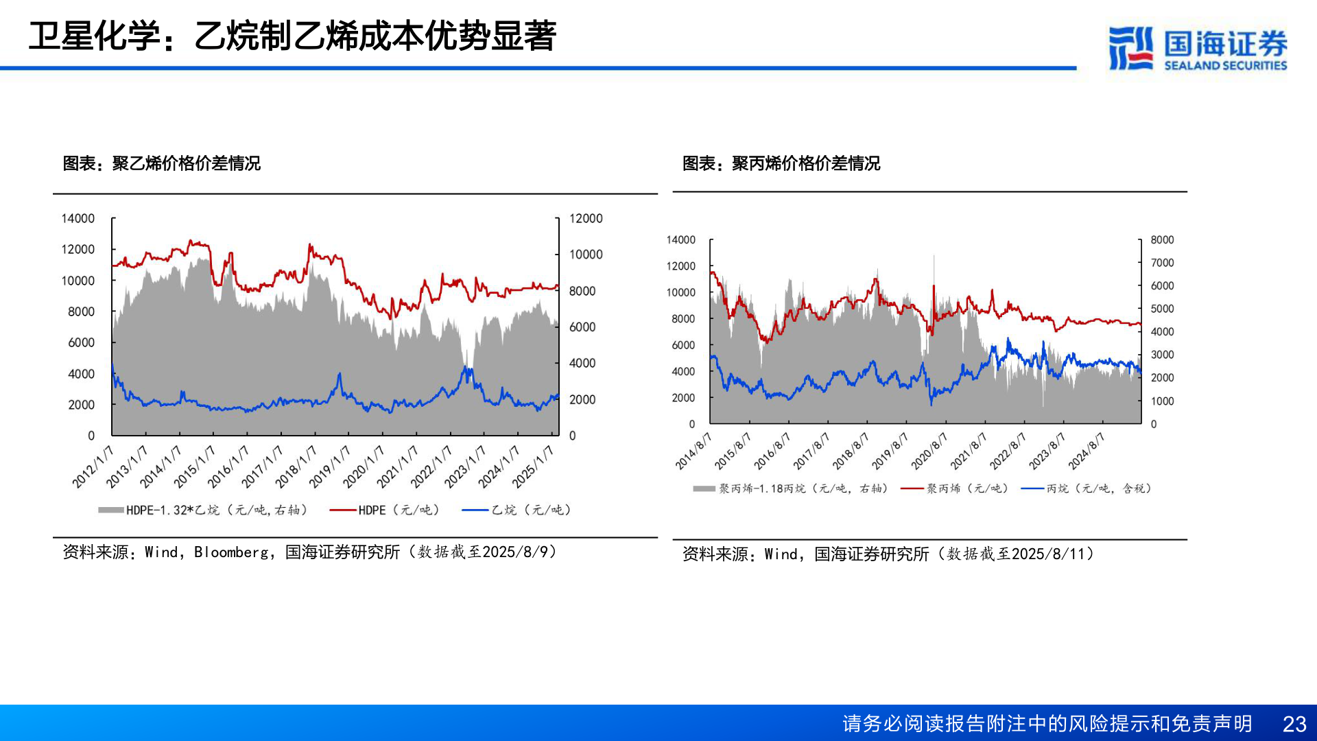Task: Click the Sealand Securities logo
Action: (x=1197, y=48)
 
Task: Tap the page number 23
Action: (x=1294, y=724)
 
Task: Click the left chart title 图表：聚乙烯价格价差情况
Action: (x=161, y=163)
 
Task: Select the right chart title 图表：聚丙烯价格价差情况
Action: (x=781, y=163)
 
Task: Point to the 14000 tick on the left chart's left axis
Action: (x=78, y=218)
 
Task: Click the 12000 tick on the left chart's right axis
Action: (x=586, y=218)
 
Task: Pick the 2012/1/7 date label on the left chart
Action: (x=93, y=467)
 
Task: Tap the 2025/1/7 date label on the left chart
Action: (x=533, y=467)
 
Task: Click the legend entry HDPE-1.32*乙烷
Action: (x=202, y=510)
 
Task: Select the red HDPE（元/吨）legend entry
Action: (x=384, y=510)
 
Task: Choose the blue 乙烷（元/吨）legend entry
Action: (x=517, y=510)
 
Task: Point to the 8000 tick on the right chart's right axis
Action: (x=1162, y=239)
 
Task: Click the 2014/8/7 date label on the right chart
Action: (x=693, y=451)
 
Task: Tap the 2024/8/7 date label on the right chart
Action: (x=1087, y=451)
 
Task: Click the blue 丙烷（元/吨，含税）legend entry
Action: (x=1086, y=489)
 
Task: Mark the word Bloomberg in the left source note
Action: (x=231, y=552)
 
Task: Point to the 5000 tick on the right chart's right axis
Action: (x=1162, y=309)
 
